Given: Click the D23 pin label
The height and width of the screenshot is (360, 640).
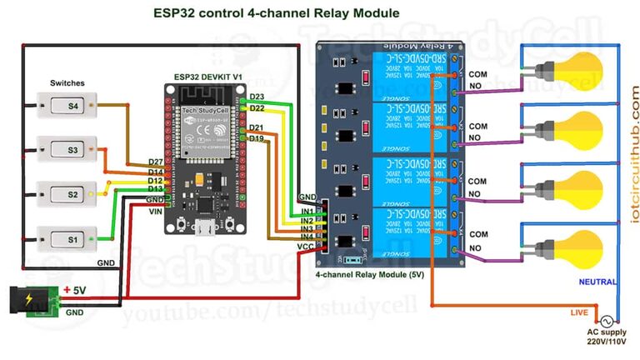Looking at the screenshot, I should point(257,97).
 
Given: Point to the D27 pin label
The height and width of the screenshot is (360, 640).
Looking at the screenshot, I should point(155,162).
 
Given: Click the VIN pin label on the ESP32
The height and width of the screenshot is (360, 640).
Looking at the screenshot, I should point(155,211).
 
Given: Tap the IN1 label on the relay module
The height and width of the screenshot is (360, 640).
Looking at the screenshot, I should point(307,212).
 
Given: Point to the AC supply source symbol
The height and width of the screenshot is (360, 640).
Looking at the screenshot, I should point(605,321).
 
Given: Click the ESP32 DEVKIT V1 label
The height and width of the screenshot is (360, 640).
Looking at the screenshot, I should point(208,77).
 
